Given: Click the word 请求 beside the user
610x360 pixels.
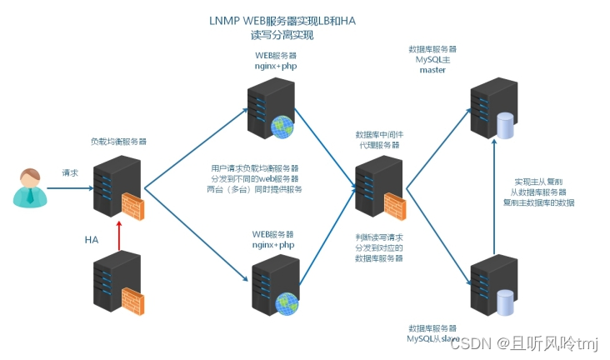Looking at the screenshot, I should (x=70, y=173).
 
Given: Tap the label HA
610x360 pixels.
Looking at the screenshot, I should (x=92, y=239).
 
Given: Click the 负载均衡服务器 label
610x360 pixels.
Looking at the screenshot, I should (x=118, y=142).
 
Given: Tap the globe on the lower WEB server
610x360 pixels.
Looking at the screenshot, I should (x=287, y=304).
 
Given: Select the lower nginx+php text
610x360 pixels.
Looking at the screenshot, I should (x=274, y=245).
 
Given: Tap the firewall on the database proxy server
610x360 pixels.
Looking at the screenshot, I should (x=394, y=206).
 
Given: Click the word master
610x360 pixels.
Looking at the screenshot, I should (x=432, y=70).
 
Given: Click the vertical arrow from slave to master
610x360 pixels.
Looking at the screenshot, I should (x=493, y=200).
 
